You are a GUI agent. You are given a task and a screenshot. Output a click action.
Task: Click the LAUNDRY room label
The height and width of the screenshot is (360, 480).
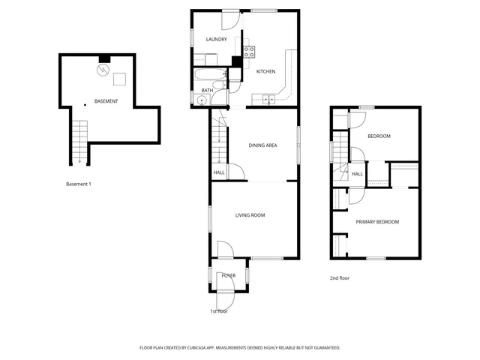tap(216, 39)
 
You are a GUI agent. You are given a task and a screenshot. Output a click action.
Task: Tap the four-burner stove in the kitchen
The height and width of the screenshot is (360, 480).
tap(248, 52)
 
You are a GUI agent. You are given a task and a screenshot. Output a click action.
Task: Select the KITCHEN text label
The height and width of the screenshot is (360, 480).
tap(265, 71)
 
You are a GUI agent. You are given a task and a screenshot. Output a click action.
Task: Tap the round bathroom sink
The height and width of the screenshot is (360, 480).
tap(201, 100)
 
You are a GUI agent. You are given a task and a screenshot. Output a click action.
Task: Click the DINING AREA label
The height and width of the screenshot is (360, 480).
tap(263, 145)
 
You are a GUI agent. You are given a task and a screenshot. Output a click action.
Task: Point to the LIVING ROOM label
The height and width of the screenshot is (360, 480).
tap(250, 215)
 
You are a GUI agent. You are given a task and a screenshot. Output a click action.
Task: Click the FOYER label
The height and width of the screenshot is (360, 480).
tap(228, 275)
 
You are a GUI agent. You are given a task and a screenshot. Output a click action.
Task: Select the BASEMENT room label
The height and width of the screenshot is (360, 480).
tap(105, 100)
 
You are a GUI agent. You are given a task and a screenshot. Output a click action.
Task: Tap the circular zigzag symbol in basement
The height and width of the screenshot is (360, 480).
tap(101, 71)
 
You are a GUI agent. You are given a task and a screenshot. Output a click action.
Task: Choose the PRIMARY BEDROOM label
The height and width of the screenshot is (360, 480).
tap(377, 221)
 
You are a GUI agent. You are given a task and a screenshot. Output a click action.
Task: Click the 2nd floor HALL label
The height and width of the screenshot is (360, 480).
tap(358, 174)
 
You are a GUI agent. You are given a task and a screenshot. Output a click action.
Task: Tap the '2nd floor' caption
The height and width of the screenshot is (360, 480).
tap(340, 278)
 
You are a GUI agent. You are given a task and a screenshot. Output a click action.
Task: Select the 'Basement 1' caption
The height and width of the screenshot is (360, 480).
tap(79, 184)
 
